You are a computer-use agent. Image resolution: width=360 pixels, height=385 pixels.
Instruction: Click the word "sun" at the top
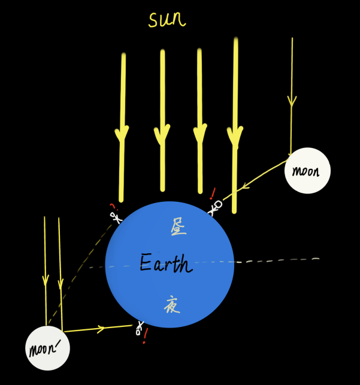pyautogui.click(x=167, y=20)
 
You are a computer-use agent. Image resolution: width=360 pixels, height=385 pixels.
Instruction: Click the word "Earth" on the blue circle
pyautogui.click(x=166, y=263)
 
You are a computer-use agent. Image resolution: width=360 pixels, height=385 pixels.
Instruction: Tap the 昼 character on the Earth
pyautogui.click(x=178, y=226)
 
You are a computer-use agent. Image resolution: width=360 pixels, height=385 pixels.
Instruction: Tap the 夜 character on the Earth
pyautogui.click(x=171, y=305)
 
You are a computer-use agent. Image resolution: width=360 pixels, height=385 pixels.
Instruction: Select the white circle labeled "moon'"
pyautogui.click(x=48, y=348)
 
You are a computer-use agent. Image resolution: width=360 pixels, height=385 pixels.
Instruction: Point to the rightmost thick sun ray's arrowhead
pyautogui.click(x=235, y=133)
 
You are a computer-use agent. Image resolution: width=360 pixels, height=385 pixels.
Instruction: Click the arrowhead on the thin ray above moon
pyautogui.click(x=292, y=101)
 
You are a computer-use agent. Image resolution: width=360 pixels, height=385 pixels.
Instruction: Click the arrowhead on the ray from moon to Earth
pyautogui.click(x=247, y=186)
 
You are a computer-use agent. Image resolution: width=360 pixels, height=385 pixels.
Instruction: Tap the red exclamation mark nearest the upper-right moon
pyautogui.click(x=212, y=193)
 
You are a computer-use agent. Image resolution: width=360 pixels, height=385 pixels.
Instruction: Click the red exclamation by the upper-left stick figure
pyautogui.click(x=112, y=207)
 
